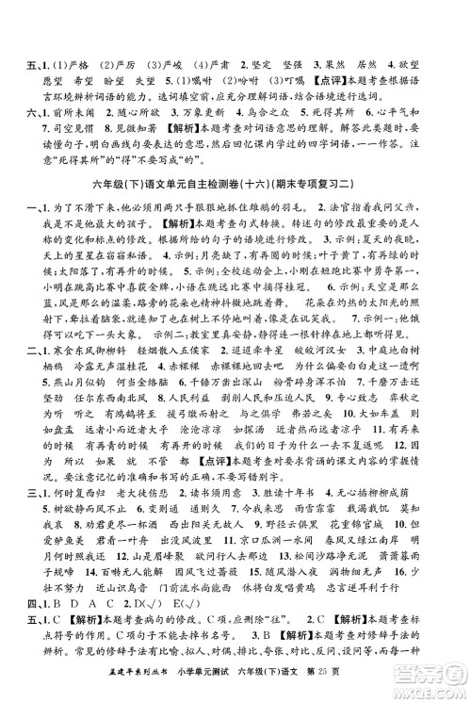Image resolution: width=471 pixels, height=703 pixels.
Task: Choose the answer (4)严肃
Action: (x=209, y=14)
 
